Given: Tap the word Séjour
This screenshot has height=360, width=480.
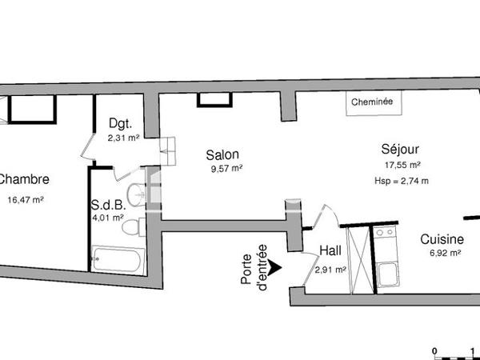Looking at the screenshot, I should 401,149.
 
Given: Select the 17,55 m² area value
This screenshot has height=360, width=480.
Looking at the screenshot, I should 402,166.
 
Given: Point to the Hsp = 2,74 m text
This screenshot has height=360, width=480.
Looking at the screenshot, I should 402,181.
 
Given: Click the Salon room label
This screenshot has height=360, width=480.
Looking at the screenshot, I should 222,154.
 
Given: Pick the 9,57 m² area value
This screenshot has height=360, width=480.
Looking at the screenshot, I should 224,168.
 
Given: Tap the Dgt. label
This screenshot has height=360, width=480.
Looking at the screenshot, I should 120,125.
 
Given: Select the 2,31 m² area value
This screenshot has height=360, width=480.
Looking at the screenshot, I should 123,138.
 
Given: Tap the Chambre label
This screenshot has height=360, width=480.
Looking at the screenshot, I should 24,180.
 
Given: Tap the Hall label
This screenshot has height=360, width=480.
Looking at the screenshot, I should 330,251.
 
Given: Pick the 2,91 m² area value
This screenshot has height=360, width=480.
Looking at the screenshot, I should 330,270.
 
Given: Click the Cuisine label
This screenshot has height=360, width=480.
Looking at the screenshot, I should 442,239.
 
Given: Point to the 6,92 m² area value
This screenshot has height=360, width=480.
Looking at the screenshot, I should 443,254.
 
